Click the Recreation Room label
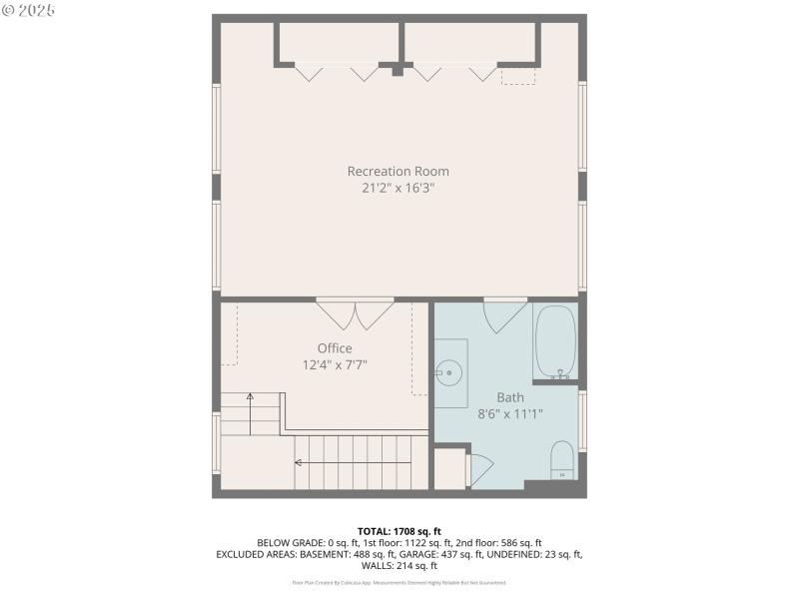pyautogui.click(x=398, y=171)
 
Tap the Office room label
pyautogui.click(x=335, y=348)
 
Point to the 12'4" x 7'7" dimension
pyautogui.click(x=336, y=364)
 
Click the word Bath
pyautogui.click(x=509, y=397)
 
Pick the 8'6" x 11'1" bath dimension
pyautogui.click(x=509, y=413)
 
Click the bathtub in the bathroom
pyautogui.click(x=555, y=341)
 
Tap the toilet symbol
pyautogui.click(x=562, y=459)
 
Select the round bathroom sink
pyautogui.click(x=449, y=374)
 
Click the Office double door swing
pyautogui.click(x=356, y=313)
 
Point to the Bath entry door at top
pyautogui.click(x=505, y=315)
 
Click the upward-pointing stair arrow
pyautogui.click(x=250, y=398)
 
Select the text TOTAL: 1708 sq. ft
pyautogui.click(x=399, y=530)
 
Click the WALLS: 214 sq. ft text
pyautogui.click(x=399, y=566)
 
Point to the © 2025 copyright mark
pyautogui.click(x=29, y=10)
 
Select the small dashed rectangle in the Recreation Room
pyautogui.click(x=517, y=76)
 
